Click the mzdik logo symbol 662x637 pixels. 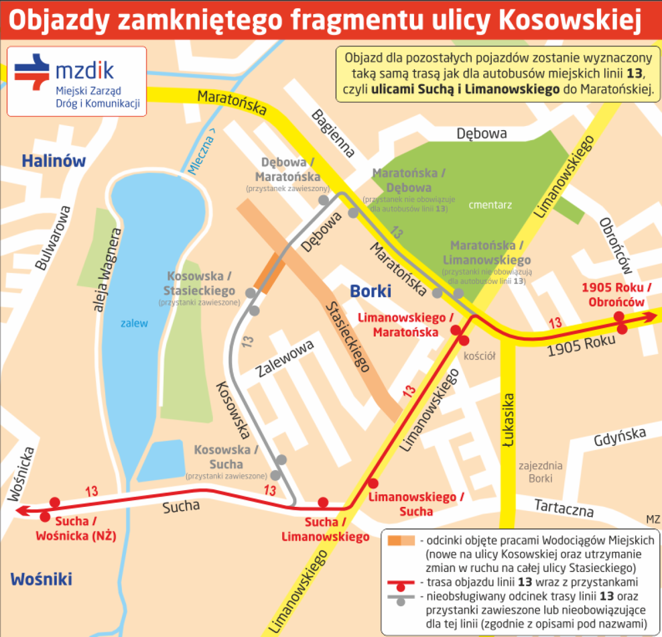pyautogui.click(x=33, y=72)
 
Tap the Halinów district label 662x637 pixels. pyautogui.click(x=53, y=161)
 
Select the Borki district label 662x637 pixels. pyautogui.click(x=370, y=291)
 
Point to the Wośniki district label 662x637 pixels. pyautogui.click(x=41, y=578)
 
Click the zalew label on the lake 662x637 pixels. pyautogui.click(x=134, y=323)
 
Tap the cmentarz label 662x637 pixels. pyautogui.click(x=490, y=204)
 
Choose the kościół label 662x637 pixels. pyautogui.click(x=480, y=356)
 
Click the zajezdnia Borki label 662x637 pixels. pyautogui.click(x=540, y=472)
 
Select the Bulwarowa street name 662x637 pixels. pyautogui.click(x=53, y=237)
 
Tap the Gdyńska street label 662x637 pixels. pyautogui.click(x=620, y=437)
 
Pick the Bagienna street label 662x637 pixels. pyautogui.click(x=333, y=133)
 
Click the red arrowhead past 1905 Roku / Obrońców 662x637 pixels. pyautogui.click(x=651, y=316)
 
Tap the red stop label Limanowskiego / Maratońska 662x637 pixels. pyautogui.click(x=405, y=325)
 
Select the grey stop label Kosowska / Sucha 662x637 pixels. pyautogui.click(x=226, y=456)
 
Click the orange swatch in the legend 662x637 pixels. pyautogui.click(x=401, y=541)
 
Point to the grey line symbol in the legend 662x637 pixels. pyautogui.click(x=401, y=598)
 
